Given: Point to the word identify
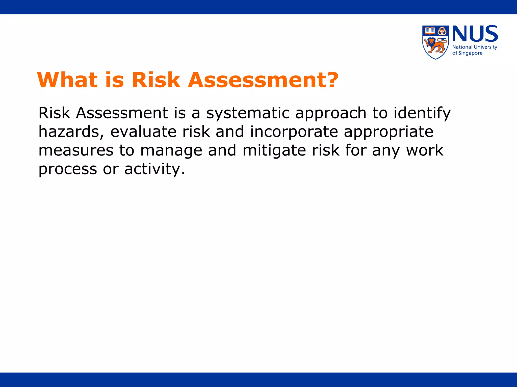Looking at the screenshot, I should [x=422, y=113].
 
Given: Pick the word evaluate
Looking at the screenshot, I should [x=143, y=132].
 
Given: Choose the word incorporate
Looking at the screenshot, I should [x=294, y=132].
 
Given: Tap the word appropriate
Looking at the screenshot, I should [x=389, y=132].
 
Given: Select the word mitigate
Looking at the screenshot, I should [x=274, y=150].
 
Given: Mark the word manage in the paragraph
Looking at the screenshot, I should [x=171, y=150].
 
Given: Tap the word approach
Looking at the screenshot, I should [x=331, y=113].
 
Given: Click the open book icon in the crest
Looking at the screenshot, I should [x=430, y=31].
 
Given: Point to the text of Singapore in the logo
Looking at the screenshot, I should [x=467, y=53].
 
